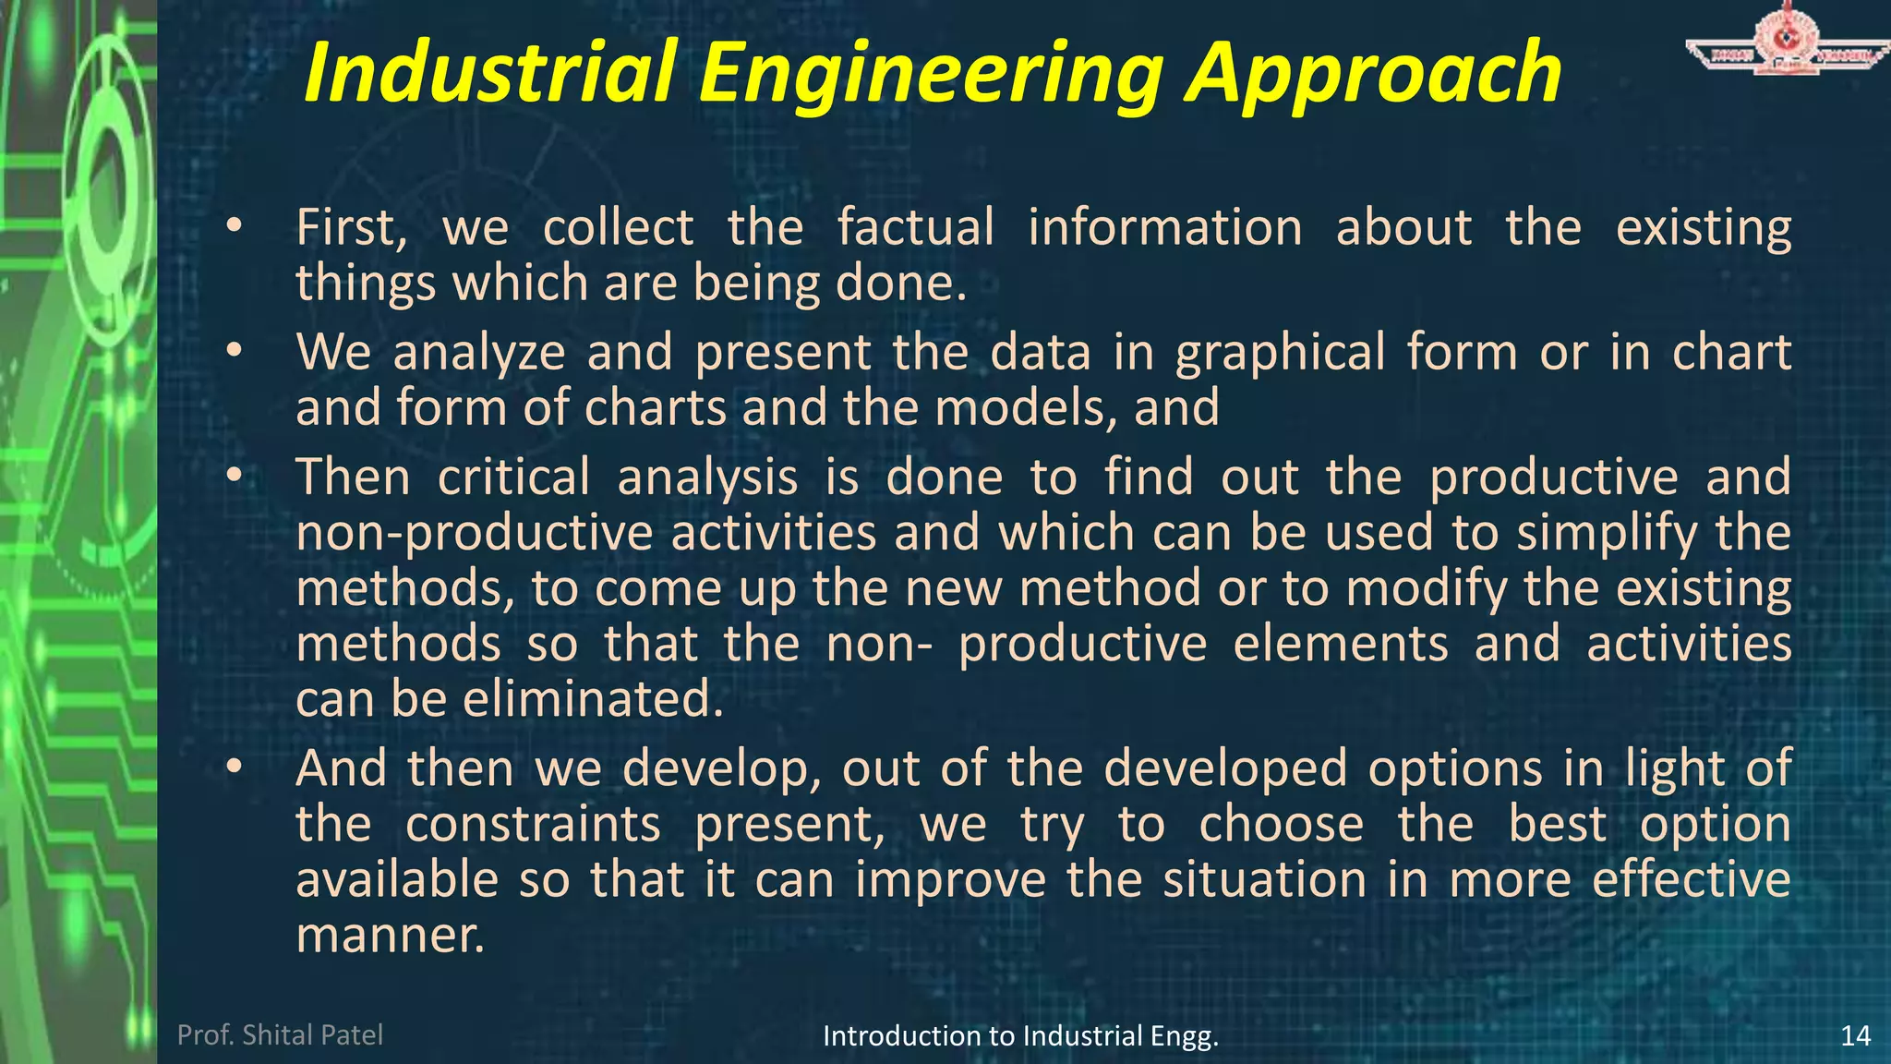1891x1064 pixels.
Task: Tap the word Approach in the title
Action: point(1373,74)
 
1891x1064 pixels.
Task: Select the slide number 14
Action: point(1855,1035)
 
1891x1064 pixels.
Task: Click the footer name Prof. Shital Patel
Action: point(280,1034)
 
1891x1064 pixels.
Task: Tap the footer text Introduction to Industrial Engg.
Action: point(1020,1036)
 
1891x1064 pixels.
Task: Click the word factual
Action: point(915,227)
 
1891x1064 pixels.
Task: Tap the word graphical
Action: point(1279,354)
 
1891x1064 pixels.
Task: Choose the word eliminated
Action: point(593,699)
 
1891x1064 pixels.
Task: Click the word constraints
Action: point(533,824)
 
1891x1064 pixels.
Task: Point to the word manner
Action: point(390,935)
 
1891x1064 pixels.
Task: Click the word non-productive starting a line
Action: point(475,535)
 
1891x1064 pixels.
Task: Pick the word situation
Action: point(1264,879)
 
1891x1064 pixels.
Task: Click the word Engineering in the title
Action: point(930,74)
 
